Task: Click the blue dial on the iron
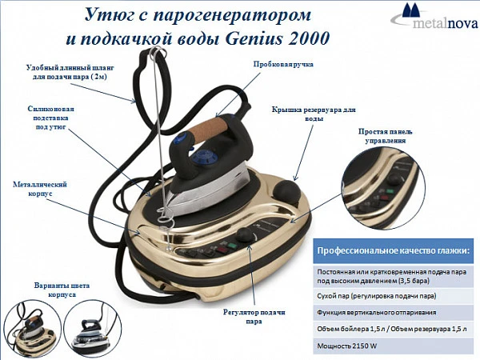pyautogui.click(x=204, y=157)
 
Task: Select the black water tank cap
pyautogui.click(x=286, y=192)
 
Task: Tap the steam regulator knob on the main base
pyautogui.click(x=246, y=234)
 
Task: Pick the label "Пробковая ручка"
pyautogui.click(x=283, y=64)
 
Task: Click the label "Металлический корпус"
pyautogui.click(x=40, y=189)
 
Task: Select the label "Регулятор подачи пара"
pyautogui.click(x=254, y=317)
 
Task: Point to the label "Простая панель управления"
pyautogui.click(x=385, y=136)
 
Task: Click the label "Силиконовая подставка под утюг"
pyautogui.click(x=51, y=118)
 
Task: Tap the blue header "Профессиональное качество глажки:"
pyautogui.click(x=393, y=250)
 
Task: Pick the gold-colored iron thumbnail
pyautogui.click(x=33, y=330)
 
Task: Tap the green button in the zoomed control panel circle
pyautogui.click(x=390, y=192)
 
